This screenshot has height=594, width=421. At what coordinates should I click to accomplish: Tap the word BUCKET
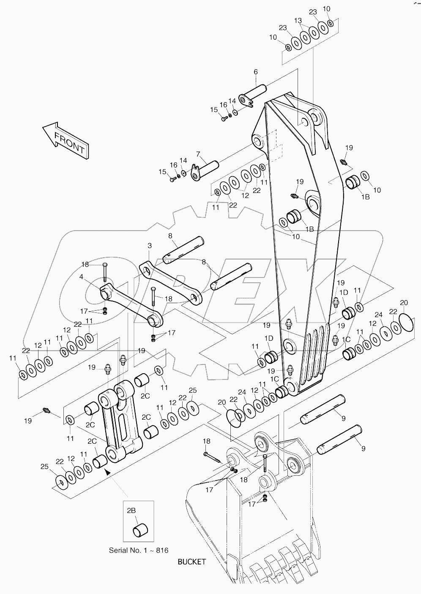click(191, 561)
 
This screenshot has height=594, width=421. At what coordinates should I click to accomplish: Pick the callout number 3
click(150, 245)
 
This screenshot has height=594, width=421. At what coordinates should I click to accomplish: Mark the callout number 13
click(298, 20)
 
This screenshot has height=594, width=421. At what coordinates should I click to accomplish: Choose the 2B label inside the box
click(131, 510)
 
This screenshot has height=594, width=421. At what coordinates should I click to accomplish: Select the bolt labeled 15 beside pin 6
click(224, 119)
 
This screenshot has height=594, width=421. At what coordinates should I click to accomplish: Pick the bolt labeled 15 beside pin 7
click(172, 180)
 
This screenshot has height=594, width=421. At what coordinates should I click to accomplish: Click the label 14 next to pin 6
click(232, 101)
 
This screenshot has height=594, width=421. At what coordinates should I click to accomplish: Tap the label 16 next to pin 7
click(173, 165)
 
